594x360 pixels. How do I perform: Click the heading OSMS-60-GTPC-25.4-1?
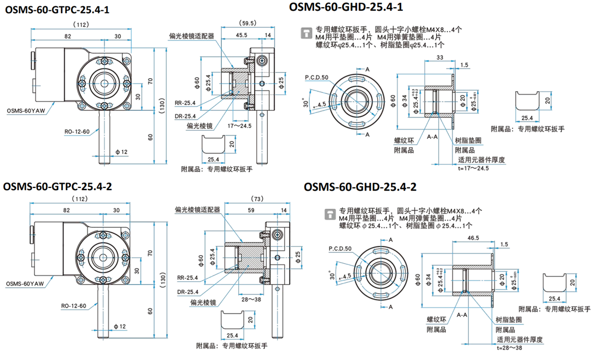[x=57, y=9]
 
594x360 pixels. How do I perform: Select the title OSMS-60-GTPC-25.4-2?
[x=57, y=186]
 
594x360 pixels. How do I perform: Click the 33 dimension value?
[x=440, y=57]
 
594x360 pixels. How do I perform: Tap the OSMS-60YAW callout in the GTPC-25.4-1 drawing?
[x=26, y=110]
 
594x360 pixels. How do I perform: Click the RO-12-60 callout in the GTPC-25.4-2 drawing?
[x=77, y=305]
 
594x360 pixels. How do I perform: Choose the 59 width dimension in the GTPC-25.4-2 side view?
[x=251, y=210]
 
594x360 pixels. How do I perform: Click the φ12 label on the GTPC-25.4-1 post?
[x=121, y=151]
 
